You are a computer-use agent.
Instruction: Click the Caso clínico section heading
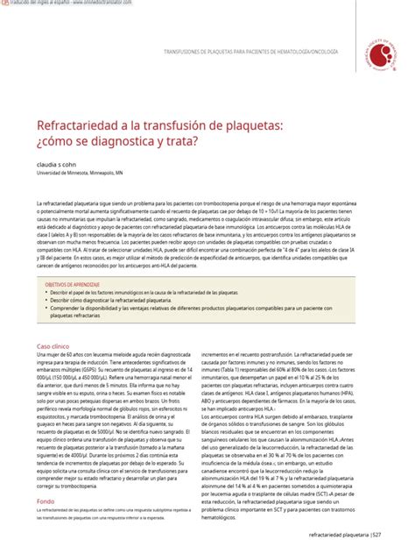[53, 346]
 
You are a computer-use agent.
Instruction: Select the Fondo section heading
[45, 501]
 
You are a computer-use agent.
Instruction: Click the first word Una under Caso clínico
[40, 355]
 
